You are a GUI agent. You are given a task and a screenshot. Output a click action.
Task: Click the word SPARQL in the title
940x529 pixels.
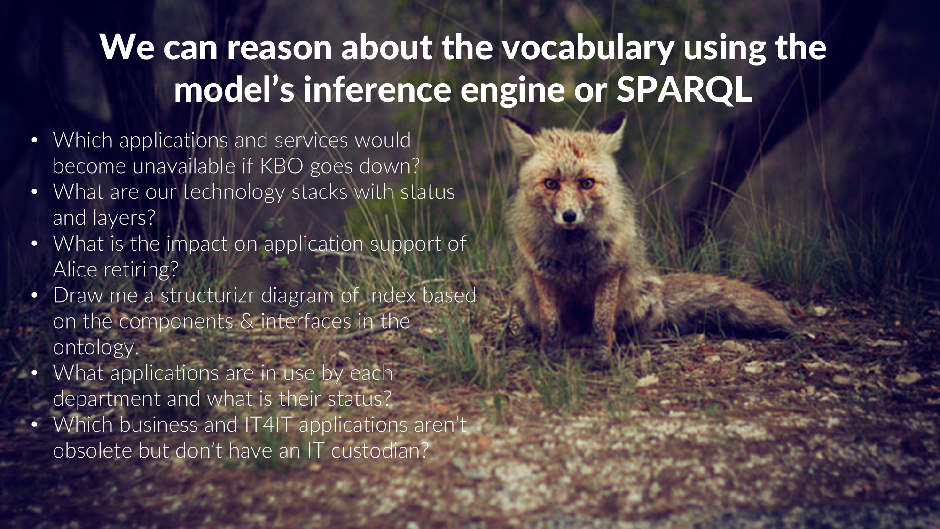[684, 89]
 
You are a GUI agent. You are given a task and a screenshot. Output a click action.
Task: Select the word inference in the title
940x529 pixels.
[377, 89]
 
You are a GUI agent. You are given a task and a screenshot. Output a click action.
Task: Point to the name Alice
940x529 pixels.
[75, 269]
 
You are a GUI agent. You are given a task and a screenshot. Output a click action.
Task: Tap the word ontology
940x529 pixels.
[95, 347]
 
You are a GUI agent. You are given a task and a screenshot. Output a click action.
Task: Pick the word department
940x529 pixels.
[107, 399]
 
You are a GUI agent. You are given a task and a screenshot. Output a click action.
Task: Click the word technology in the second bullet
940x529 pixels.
[234, 192]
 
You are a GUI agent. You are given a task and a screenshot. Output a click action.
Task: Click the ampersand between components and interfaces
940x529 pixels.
[247, 322]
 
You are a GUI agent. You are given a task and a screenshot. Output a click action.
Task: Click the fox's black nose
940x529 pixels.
[569, 217]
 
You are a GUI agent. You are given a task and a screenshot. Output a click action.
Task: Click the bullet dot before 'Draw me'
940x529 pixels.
[34, 296]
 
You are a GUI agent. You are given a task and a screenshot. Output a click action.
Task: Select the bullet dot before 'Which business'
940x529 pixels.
[34, 425]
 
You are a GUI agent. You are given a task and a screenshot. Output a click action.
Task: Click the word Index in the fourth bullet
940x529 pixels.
[391, 295]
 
